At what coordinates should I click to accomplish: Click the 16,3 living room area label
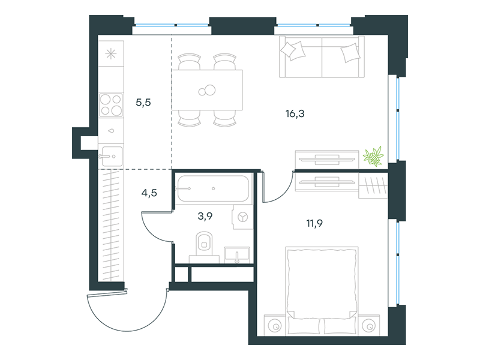coord(295,114)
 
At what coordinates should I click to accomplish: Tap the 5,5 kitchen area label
coord(143,102)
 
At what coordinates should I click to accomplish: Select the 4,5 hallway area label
coord(149,193)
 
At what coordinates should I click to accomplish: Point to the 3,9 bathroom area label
coord(205,216)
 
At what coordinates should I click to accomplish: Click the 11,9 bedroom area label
coord(314,223)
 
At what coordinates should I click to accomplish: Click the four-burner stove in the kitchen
coord(111,104)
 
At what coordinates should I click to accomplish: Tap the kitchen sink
coord(112,156)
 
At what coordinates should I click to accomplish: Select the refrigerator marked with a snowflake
coord(111,54)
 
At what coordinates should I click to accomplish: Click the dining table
coord(207,90)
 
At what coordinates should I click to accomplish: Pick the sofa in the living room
coord(322,57)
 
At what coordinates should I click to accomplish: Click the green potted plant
coord(373,156)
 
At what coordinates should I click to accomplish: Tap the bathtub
coord(213,188)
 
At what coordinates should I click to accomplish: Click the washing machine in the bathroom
coord(242,217)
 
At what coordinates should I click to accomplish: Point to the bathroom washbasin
coord(236,255)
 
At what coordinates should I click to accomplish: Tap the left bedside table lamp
coord(275,326)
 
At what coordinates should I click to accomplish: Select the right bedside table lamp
coord(368,326)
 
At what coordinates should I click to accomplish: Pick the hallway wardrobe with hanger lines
coord(111,225)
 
